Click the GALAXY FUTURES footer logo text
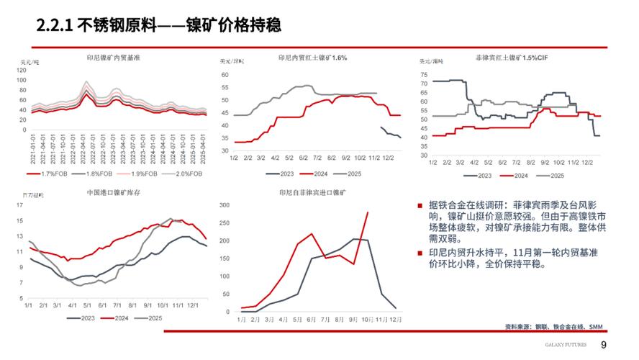(566, 345)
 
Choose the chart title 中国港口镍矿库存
(115, 194)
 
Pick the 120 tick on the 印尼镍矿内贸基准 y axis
(23, 70)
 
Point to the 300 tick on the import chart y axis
(223, 204)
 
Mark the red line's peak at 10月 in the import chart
(368, 212)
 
